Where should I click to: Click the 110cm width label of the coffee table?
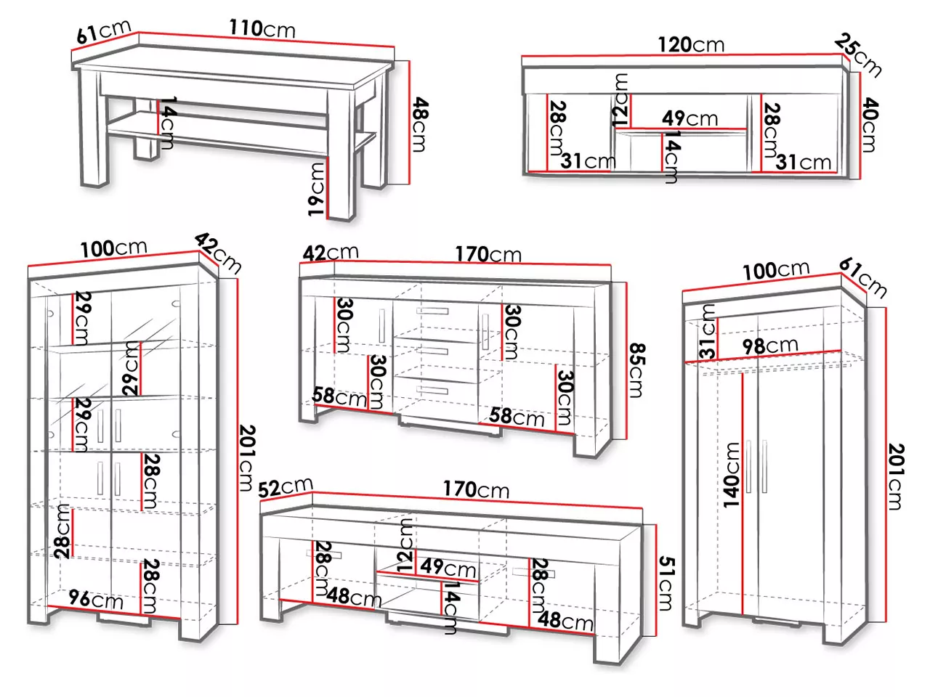(262, 29)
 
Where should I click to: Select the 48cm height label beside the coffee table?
(421, 124)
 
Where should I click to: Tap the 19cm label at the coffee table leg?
(317, 189)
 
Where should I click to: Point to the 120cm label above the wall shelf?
(691, 44)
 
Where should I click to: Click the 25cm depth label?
(858, 55)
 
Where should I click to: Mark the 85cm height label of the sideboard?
(636, 370)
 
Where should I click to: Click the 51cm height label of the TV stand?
(666, 584)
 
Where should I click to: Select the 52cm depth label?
(285, 487)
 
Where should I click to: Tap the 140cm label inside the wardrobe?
(732, 475)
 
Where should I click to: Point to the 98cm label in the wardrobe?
(770, 346)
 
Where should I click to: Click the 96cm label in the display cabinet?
(96, 599)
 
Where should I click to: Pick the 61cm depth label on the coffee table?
(103, 32)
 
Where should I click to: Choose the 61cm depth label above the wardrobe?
(862, 277)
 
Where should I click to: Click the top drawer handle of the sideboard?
(432, 311)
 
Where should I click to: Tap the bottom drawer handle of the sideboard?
(432, 390)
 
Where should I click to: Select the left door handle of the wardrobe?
(748, 466)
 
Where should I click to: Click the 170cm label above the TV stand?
(476, 489)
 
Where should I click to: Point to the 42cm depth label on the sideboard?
(331, 253)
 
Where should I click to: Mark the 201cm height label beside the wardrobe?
(896, 476)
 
